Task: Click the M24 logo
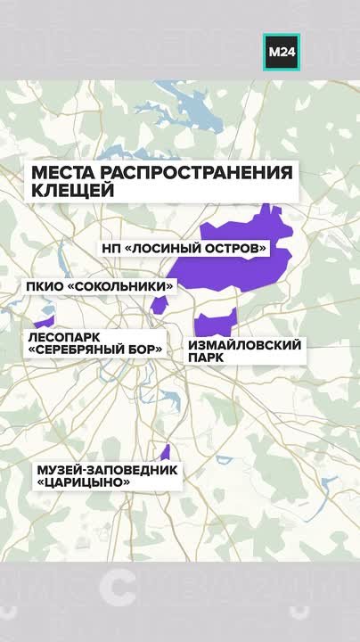click(x=282, y=52)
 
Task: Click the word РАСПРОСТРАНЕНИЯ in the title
click(x=197, y=172)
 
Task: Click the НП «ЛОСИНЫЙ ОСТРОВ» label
click(x=185, y=247)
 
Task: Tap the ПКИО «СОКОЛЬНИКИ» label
click(x=99, y=286)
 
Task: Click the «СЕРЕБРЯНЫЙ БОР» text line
click(x=95, y=350)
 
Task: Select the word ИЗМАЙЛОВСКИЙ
click(x=245, y=344)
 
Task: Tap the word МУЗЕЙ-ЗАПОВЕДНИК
click(x=107, y=469)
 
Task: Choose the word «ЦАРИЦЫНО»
click(x=83, y=482)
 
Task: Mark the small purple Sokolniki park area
click(x=160, y=305)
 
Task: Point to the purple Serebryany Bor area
click(x=44, y=319)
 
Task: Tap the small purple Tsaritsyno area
click(x=165, y=452)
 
